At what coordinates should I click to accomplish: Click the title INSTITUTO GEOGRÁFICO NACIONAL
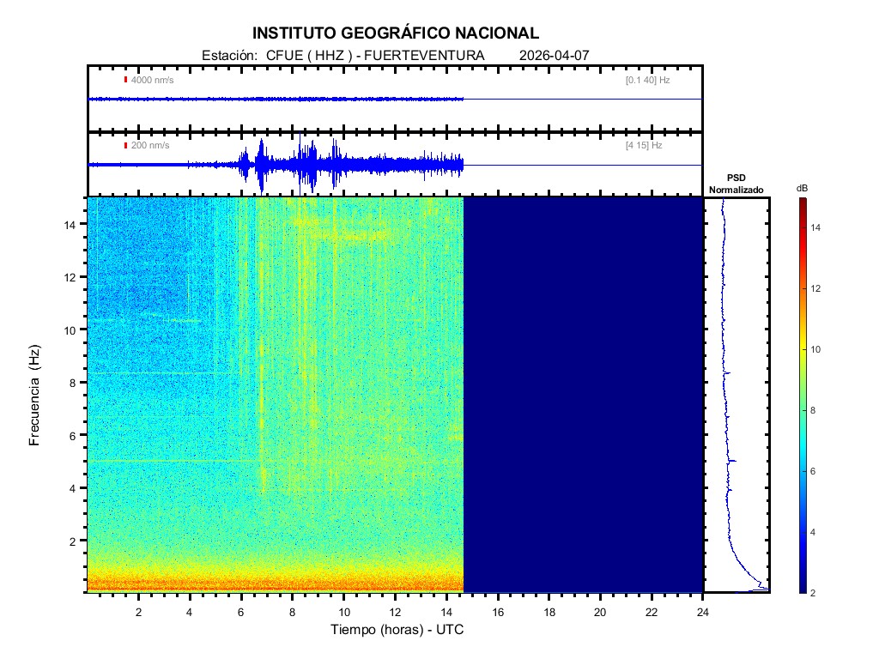tap(396, 33)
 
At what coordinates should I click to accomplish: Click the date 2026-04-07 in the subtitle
tap(555, 56)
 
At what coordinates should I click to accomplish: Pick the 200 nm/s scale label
tap(149, 146)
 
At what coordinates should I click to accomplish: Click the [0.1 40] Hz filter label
tap(647, 80)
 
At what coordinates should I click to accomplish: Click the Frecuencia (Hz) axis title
tap(35, 396)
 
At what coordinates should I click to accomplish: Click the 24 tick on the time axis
tap(703, 611)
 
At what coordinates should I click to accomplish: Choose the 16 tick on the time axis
tap(498, 611)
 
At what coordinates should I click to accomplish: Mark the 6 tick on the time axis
tap(241, 611)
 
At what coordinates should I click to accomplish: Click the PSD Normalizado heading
tap(736, 184)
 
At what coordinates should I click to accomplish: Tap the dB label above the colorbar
tap(802, 188)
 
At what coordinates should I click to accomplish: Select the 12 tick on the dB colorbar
tap(818, 289)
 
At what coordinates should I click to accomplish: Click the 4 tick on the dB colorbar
tap(816, 533)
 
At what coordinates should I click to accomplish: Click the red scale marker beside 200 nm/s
tap(125, 146)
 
